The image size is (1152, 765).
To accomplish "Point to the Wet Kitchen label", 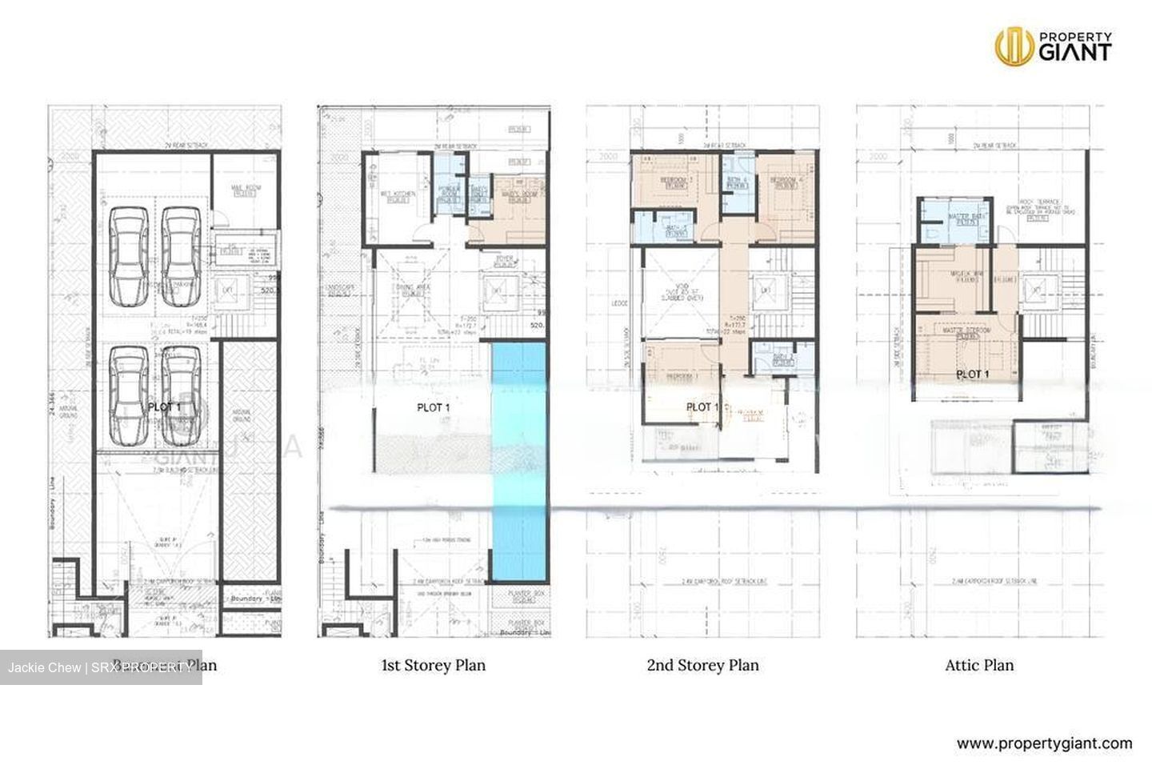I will [x=394, y=197].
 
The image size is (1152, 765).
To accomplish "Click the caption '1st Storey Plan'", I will [x=433, y=665].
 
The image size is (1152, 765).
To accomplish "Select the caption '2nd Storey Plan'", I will [x=702, y=665].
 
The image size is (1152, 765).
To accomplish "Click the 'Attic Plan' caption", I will [x=978, y=665].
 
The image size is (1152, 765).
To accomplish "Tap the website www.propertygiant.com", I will [x=1044, y=743].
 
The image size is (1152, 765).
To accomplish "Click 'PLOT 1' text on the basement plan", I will [x=165, y=407].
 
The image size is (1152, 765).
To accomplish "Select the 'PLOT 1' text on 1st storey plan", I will [x=434, y=408].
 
